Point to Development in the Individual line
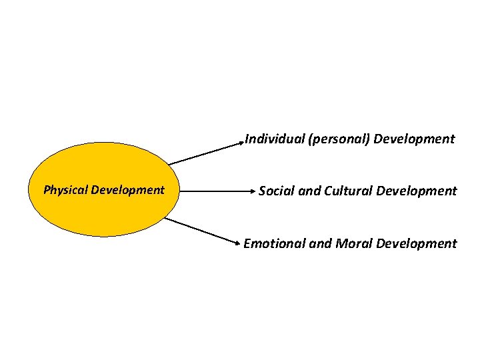[414, 139]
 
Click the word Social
[277, 191]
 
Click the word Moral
[353, 243]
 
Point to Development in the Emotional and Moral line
[417, 243]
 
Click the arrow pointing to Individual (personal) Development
[207, 153]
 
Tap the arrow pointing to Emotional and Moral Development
[203, 229]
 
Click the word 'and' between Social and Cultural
[309, 191]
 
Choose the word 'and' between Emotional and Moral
[319, 243]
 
